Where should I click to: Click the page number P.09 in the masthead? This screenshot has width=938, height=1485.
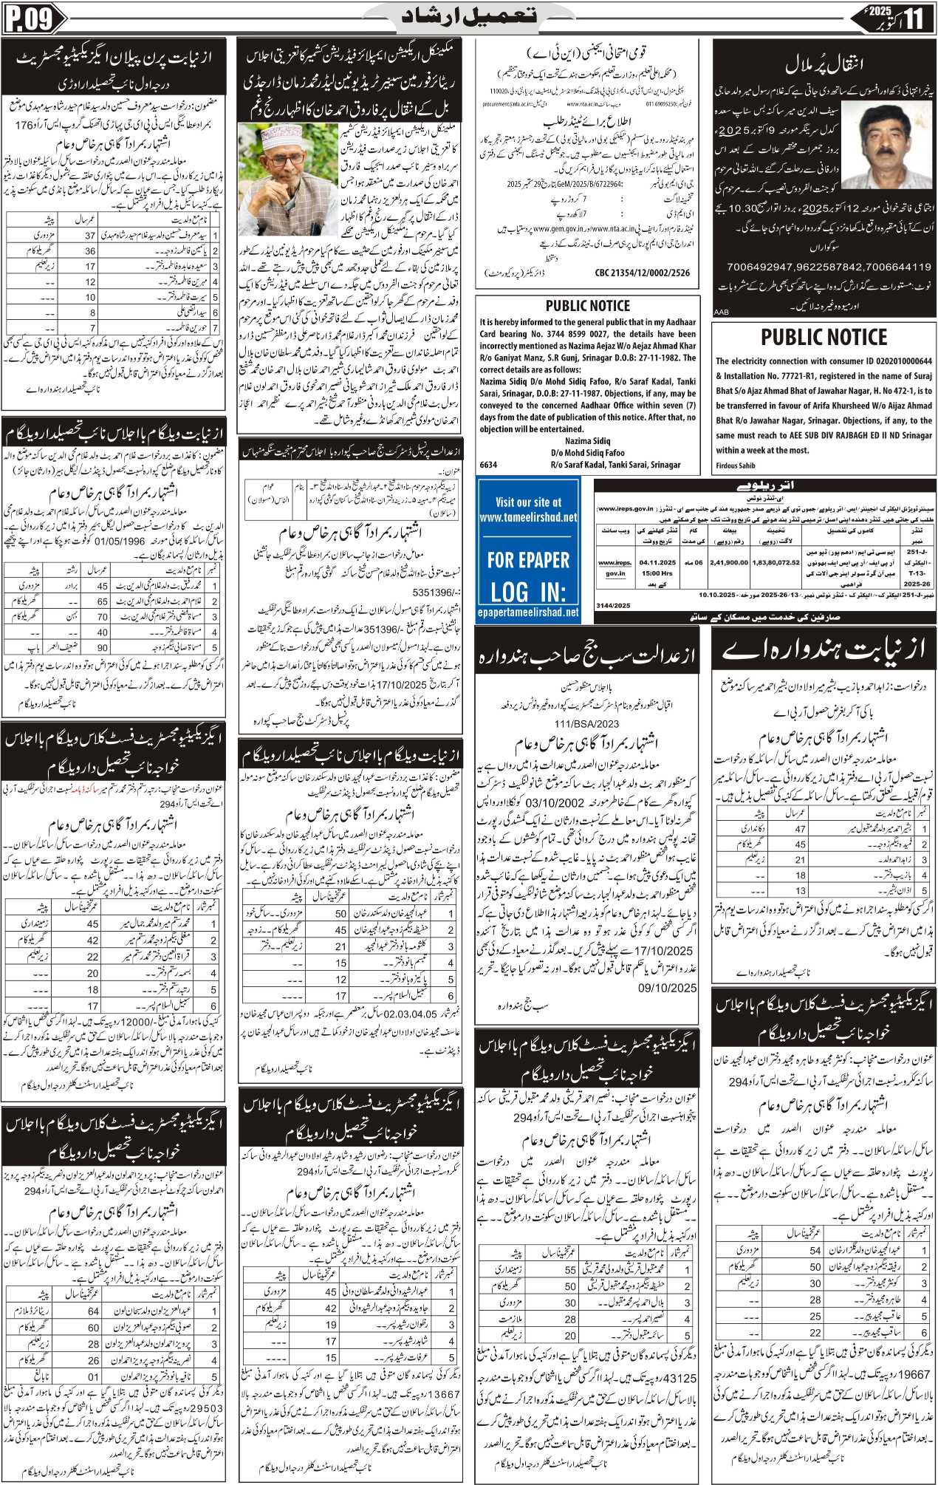[x=30, y=18]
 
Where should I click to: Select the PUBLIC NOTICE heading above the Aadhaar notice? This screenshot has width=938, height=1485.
[x=587, y=306]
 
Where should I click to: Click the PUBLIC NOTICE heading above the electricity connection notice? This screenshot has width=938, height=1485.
[x=824, y=338]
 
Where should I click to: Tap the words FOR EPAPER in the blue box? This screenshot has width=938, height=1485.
[x=528, y=560]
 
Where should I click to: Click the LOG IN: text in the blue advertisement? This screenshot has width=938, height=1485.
[x=528, y=592]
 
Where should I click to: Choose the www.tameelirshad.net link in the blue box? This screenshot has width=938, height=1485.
[x=528, y=517]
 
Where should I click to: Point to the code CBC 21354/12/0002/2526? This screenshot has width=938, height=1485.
[x=643, y=273]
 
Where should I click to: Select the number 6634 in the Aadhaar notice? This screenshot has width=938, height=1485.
[x=489, y=465]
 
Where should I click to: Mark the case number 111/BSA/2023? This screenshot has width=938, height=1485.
[x=588, y=724]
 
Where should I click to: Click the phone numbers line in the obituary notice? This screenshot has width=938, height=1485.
[x=829, y=267]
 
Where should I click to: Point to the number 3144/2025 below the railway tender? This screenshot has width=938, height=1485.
[x=613, y=605]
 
